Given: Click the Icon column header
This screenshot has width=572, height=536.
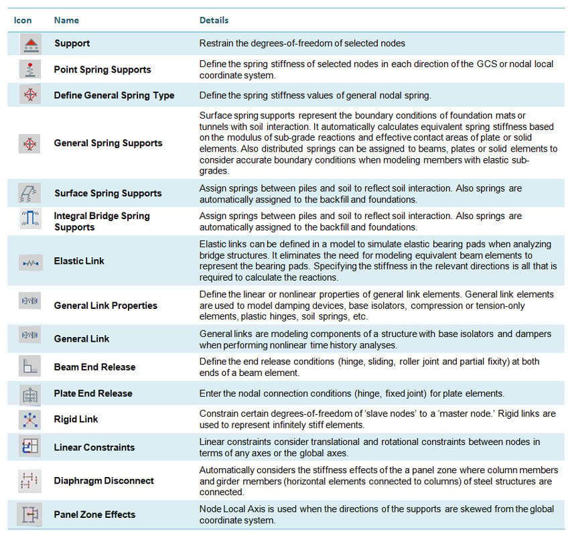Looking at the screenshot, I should pos(23,20).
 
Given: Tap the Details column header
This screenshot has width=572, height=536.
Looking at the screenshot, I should pos(214,20).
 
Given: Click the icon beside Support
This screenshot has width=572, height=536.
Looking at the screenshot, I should pos(30,44).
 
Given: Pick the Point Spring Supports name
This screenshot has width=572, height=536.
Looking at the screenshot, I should pos(102,70).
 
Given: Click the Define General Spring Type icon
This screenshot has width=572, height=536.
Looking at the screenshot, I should pos(30,95).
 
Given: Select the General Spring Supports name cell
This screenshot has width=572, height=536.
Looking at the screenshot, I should pos(108,143).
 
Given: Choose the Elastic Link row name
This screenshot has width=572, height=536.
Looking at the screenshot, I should pos(79,261).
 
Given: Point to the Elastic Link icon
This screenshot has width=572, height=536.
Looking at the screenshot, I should pos(30,261).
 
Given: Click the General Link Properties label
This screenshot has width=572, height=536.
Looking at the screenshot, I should pos(105,305).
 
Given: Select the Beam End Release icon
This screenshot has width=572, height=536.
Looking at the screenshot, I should pos(30,366).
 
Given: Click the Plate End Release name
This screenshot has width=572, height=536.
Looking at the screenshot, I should pos(93,393).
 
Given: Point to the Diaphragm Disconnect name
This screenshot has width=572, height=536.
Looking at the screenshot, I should pos(104,480).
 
